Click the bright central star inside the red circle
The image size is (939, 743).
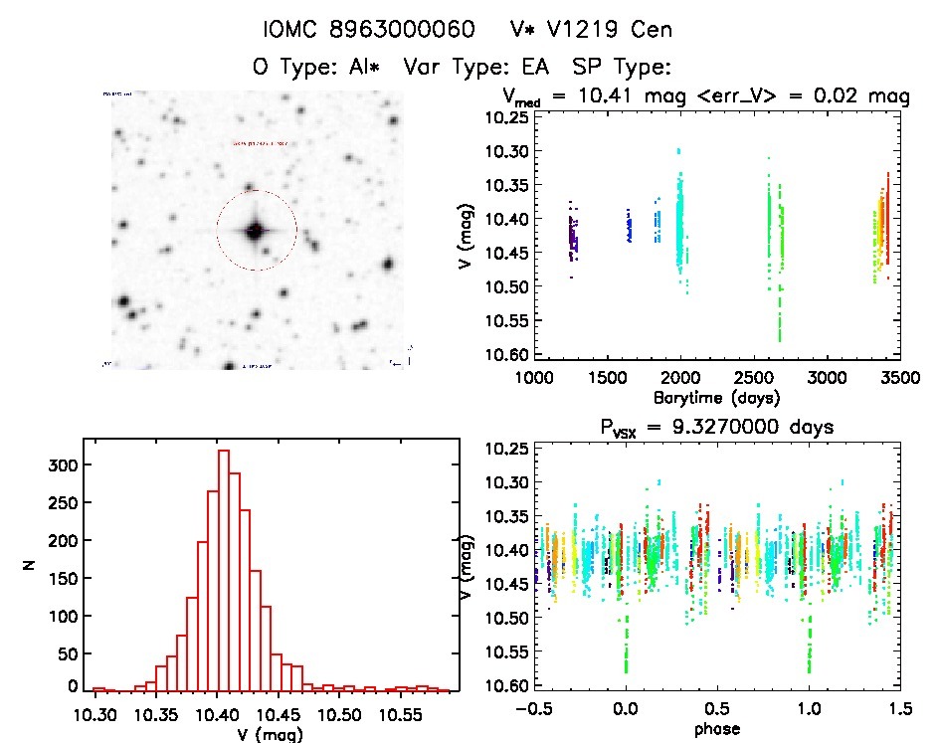pyautogui.click(x=256, y=230)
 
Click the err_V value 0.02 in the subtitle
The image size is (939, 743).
pyautogui.click(x=847, y=96)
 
